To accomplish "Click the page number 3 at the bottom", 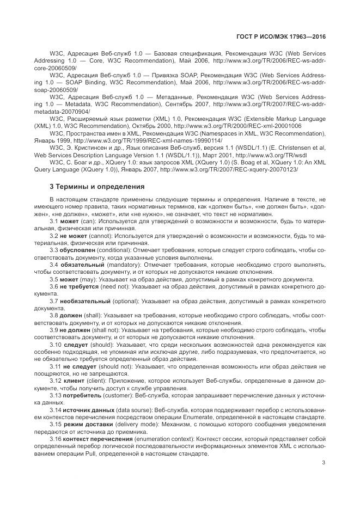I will pos(324,463).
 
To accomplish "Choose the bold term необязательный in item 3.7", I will pos(84,300).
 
